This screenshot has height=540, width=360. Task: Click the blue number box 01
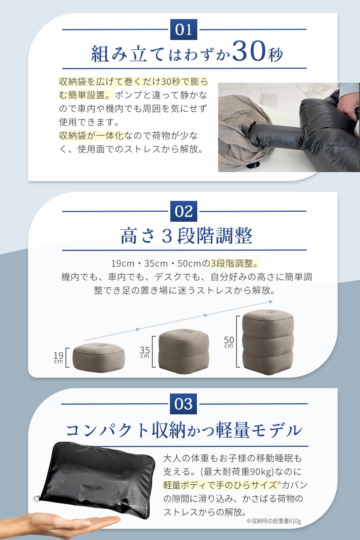tap(184, 30)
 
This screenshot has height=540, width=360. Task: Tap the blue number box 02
tap(184, 211)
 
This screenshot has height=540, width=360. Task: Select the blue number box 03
tap(184, 404)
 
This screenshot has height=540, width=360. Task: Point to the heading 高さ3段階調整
tap(186, 236)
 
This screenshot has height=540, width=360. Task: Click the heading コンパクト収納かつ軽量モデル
tap(184, 430)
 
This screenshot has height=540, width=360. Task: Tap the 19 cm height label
tap(58, 357)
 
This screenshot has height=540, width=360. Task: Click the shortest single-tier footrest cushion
tap(99, 357)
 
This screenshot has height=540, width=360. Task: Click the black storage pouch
tap(97, 475)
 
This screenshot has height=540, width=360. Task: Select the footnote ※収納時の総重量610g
tap(274, 521)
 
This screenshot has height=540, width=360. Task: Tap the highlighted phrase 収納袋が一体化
tap(91, 136)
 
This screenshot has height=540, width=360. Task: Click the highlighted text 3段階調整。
tap(234, 263)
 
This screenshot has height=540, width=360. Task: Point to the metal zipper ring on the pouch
tap(36, 498)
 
